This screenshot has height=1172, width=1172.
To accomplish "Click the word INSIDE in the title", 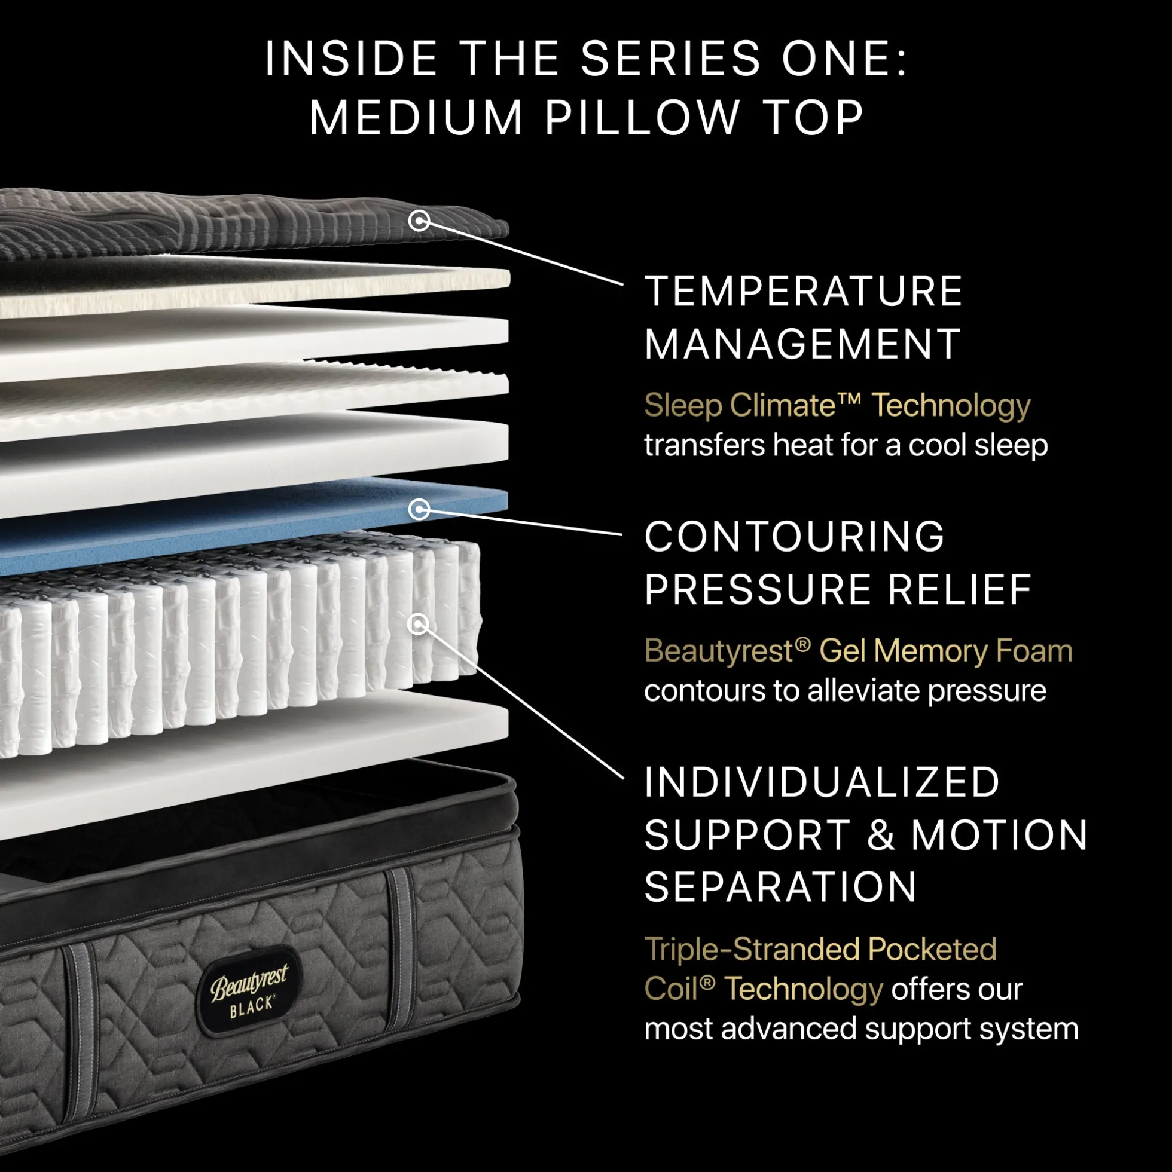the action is coord(351,59).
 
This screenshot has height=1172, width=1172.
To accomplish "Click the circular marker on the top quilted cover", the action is coord(419,221).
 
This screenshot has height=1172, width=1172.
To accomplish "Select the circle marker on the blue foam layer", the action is coord(419,509).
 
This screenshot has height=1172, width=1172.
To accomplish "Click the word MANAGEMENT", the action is coord(802,344).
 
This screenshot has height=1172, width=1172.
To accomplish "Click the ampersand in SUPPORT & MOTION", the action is coord(881,835).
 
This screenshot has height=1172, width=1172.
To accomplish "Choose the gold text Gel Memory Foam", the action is coord(945,651).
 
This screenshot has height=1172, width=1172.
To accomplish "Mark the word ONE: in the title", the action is coord(844,59).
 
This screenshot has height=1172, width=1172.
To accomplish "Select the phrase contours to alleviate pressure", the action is coord(846,690).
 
